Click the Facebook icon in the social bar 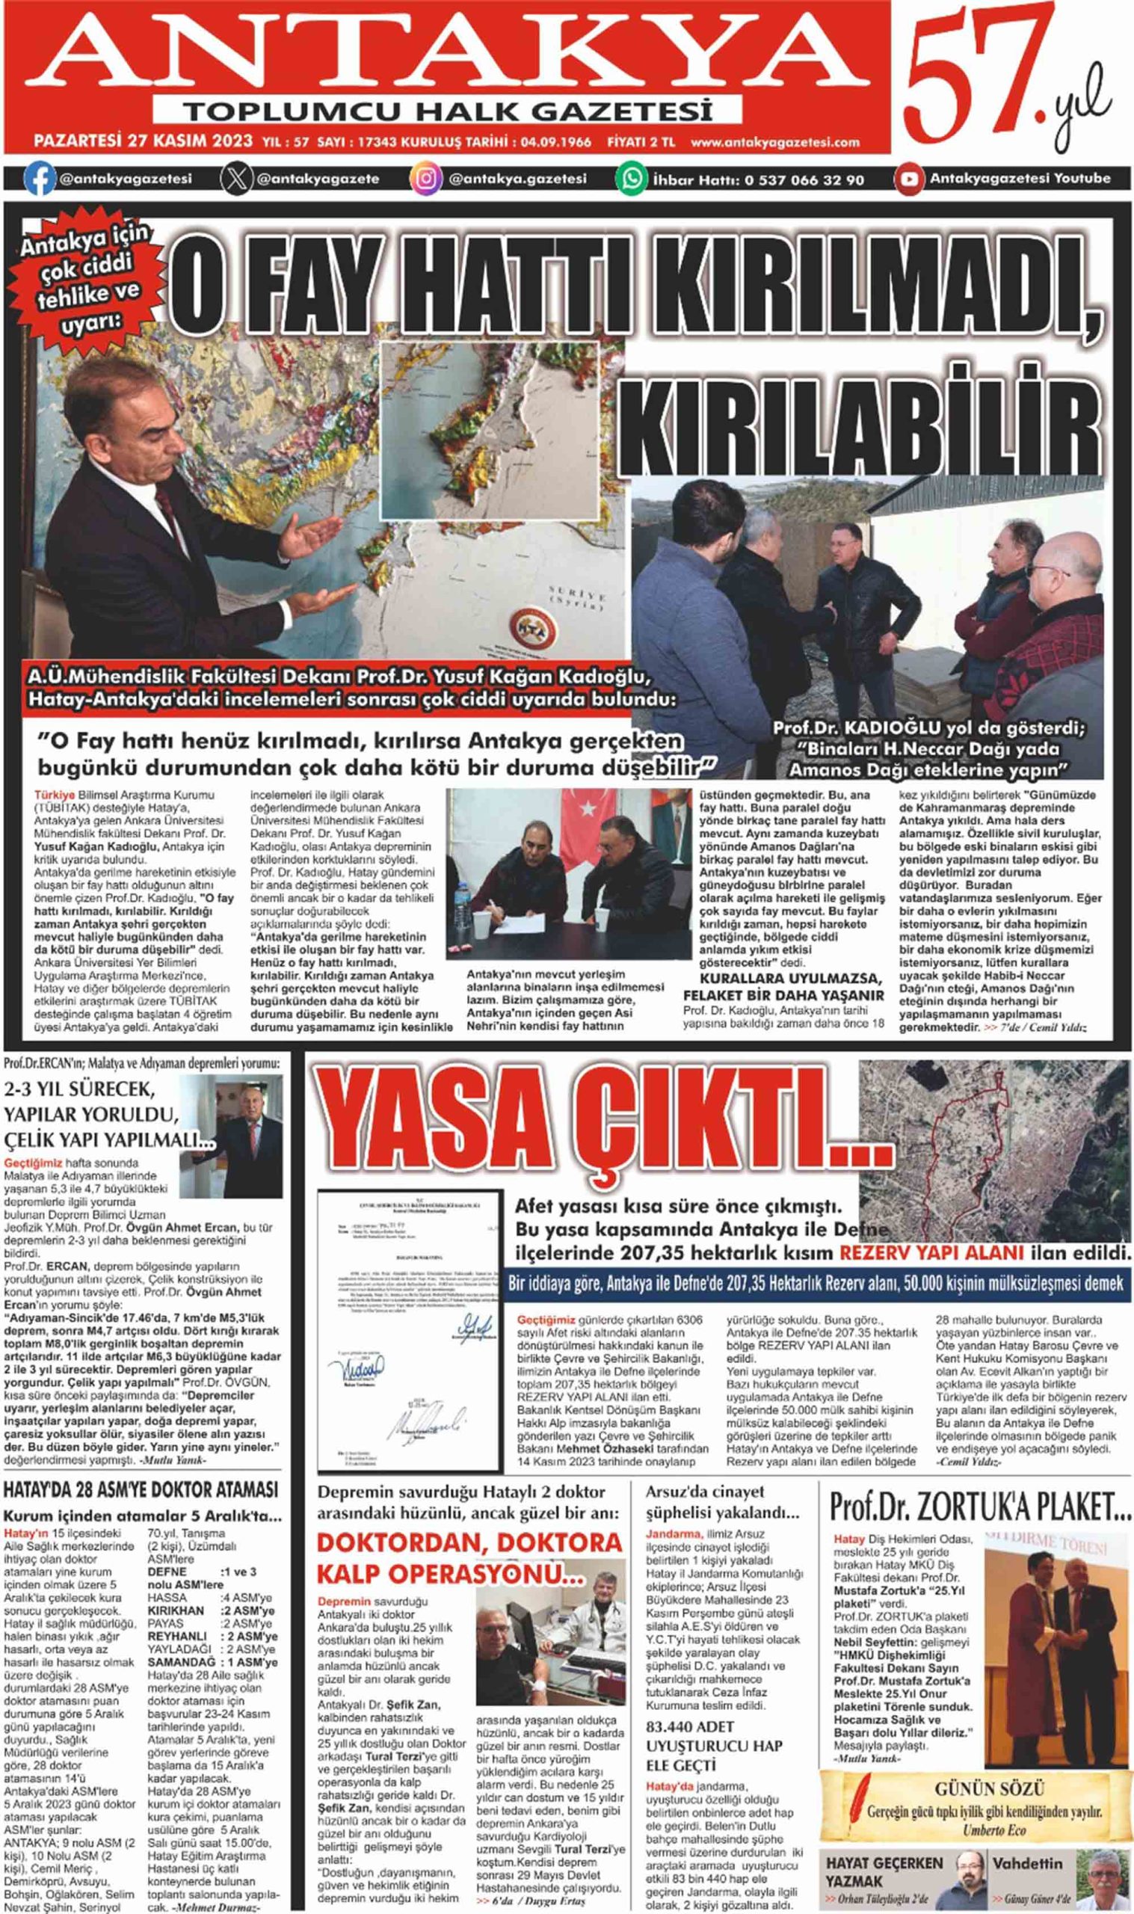pos(39,179)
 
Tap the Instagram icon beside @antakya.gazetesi pos(426,179)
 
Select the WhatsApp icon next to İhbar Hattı pos(632,179)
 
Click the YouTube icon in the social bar pos(909,179)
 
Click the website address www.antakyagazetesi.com pos(775,142)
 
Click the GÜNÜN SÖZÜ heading pos(989,1789)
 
